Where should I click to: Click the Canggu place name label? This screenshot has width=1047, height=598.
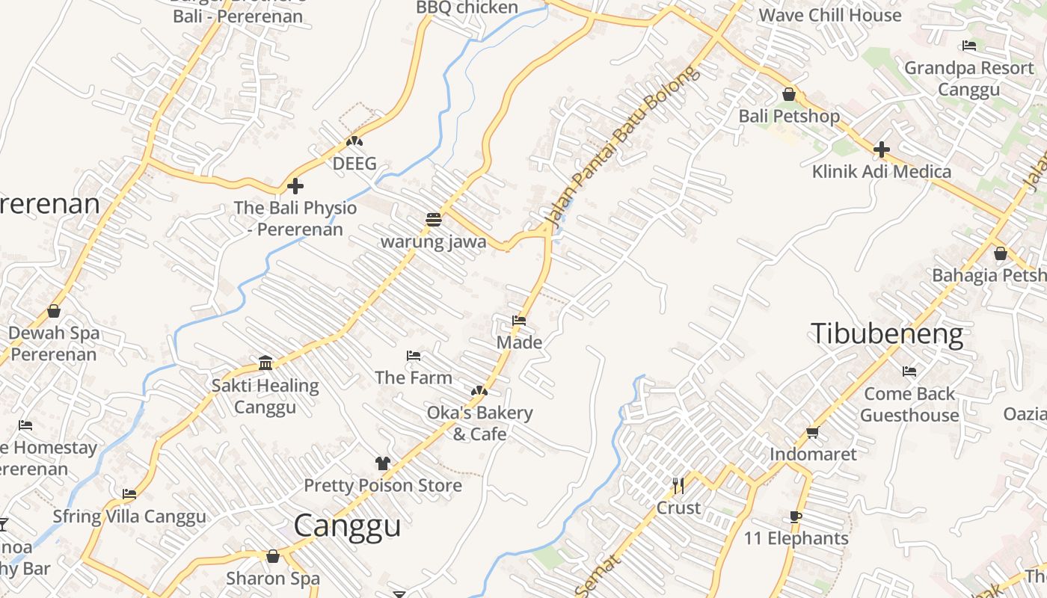point(347,525)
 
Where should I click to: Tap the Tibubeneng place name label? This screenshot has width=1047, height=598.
point(887,333)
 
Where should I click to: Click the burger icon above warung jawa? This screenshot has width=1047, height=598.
point(433,220)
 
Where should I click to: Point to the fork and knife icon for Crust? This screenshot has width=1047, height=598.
point(678,486)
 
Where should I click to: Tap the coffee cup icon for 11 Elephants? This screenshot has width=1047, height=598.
point(796,517)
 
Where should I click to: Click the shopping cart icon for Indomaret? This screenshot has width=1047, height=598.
point(813,432)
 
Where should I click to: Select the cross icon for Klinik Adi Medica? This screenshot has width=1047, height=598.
point(882,149)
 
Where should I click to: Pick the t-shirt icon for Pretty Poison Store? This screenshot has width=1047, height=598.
point(383,463)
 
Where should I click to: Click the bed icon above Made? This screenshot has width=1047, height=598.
point(519,321)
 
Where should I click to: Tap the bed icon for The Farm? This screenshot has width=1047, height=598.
point(414,356)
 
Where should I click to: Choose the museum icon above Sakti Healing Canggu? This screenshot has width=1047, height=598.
point(265,363)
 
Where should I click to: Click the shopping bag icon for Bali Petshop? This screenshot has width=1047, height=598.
point(789,94)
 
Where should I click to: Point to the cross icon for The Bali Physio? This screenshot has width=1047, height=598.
point(295,185)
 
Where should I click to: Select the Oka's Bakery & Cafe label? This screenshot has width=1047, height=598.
point(479,423)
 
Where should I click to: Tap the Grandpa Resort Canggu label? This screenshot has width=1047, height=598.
point(968,78)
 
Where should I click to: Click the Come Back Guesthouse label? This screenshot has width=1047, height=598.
point(909,404)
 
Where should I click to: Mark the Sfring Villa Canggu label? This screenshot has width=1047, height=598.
point(129,517)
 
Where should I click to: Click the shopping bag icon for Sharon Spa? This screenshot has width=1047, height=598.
point(273,556)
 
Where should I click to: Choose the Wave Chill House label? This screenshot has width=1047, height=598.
point(830,15)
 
